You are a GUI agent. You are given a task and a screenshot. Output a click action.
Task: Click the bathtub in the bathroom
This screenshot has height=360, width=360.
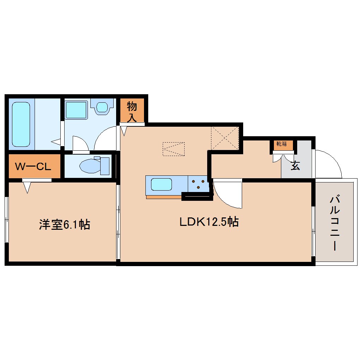21,124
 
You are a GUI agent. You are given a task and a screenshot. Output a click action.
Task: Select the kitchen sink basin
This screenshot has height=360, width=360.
161,185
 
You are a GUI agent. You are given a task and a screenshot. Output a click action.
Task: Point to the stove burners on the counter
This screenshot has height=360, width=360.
198,184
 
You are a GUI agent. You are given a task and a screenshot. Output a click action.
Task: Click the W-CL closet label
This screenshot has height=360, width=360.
33,166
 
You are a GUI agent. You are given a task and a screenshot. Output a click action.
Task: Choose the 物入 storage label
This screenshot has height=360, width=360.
132,112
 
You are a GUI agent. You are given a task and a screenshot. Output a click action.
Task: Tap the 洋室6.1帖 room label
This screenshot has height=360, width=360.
64,224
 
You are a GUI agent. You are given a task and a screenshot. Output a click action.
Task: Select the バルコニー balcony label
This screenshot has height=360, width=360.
334,223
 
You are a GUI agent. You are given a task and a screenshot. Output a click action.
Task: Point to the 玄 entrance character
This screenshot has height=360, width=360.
295,166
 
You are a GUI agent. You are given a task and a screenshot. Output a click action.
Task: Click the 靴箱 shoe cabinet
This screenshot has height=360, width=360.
284,144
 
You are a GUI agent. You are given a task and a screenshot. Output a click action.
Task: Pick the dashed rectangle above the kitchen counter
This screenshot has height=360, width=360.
173,149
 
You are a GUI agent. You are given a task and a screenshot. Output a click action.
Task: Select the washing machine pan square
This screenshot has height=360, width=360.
76,109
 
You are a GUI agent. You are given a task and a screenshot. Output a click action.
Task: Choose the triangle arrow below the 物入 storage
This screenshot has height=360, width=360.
124,131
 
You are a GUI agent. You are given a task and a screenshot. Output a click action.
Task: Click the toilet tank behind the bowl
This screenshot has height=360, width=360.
105,166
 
